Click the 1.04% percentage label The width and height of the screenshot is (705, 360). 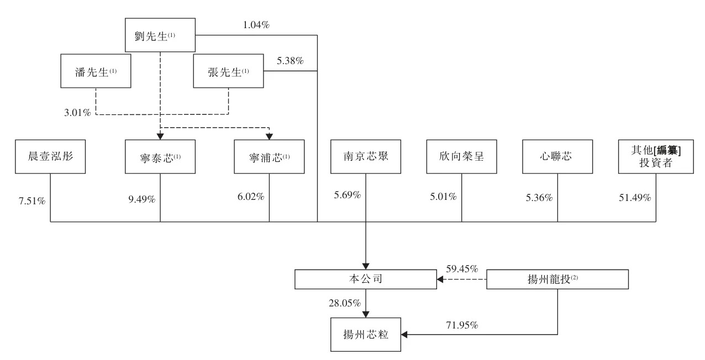pos(256,25)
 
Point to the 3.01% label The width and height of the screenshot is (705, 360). pos(77,113)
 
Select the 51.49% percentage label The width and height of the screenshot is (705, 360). pos(635,198)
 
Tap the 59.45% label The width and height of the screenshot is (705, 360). pos(462,269)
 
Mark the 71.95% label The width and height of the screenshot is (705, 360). pos(462,325)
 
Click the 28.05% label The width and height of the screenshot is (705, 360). pos(345,303)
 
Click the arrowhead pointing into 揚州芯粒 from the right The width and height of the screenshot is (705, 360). pos(404,335)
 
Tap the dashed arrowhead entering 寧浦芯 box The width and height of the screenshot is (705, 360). pos(269,136)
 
